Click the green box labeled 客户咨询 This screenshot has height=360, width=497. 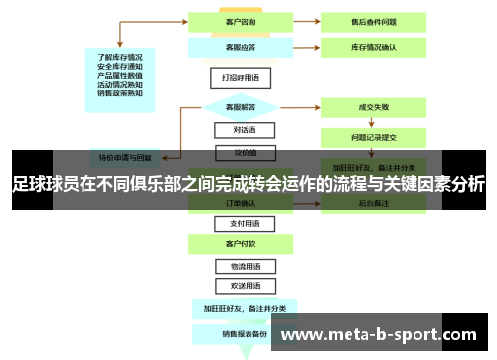pos(236,20)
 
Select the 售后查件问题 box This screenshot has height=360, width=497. pos(374,20)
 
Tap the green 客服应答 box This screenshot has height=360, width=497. pos(236,46)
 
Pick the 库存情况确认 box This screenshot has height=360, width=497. pos(374,46)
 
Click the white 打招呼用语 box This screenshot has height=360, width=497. pos(236,77)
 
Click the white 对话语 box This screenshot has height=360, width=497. pos(236,129)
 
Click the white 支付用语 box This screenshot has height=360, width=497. pos(236,224)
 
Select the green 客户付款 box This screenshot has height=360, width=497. pos(236,243)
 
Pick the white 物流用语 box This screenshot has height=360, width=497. pos(236,267)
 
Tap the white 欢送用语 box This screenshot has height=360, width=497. pos(236,286)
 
